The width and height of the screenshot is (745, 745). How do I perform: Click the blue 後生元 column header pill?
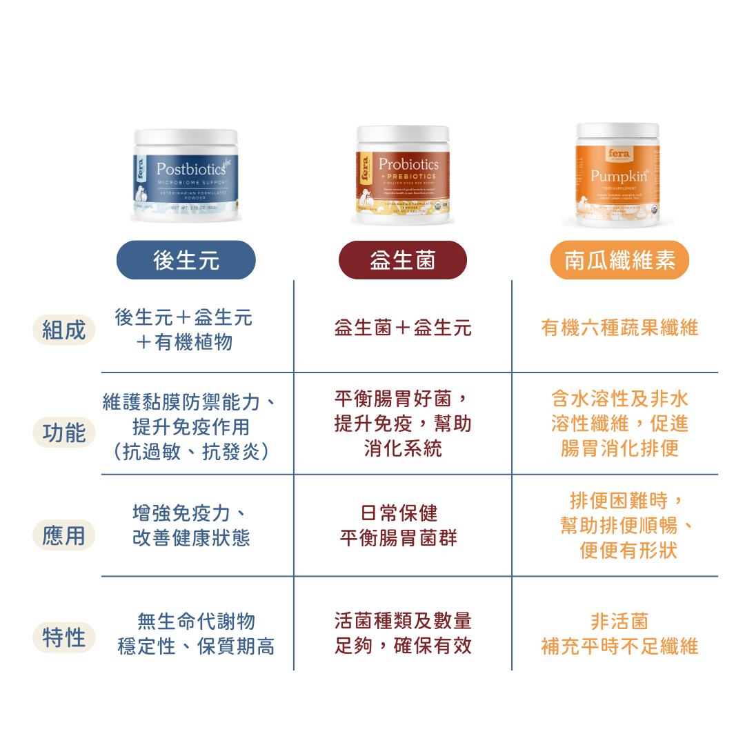click(186, 260)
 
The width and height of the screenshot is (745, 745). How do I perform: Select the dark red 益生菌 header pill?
click(403, 260)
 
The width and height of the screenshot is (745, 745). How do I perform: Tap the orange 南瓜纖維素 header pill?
click(619, 260)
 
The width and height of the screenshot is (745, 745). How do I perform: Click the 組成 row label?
click(64, 330)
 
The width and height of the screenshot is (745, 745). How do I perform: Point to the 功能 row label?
click(64, 433)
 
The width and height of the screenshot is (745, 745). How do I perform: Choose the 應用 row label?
click(64, 535)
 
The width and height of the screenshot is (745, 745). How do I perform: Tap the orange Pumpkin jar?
click(618, 176)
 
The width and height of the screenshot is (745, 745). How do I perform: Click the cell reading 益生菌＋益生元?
click(403, 328)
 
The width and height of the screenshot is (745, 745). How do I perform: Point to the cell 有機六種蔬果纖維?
click(619, 328)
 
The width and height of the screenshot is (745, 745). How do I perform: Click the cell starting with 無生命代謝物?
click(196, 633)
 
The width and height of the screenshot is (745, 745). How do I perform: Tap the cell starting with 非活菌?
click(619, 633)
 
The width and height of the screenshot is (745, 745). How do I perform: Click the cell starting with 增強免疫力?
click(190, 525)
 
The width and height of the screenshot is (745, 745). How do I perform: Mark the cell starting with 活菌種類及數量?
click(403, 633)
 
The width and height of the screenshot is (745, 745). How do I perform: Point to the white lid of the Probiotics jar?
click(403, 133)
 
